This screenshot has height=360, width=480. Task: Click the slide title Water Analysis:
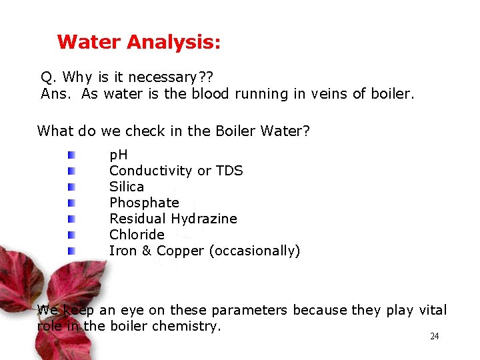[139, 43]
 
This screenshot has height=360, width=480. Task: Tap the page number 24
[434, 337]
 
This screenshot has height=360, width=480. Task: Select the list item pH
[119, 155]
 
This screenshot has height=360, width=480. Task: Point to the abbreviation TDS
[229, 171]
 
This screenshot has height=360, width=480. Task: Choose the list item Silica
[127, 187]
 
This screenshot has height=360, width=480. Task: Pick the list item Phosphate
[144, 203]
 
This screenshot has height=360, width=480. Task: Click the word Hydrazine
[204, 219]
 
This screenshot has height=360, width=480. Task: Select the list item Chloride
[137, 235]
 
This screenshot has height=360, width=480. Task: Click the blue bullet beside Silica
[71, 187]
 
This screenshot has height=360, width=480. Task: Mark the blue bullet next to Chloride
[71, 235]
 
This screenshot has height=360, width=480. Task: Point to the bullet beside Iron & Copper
[71, 251]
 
